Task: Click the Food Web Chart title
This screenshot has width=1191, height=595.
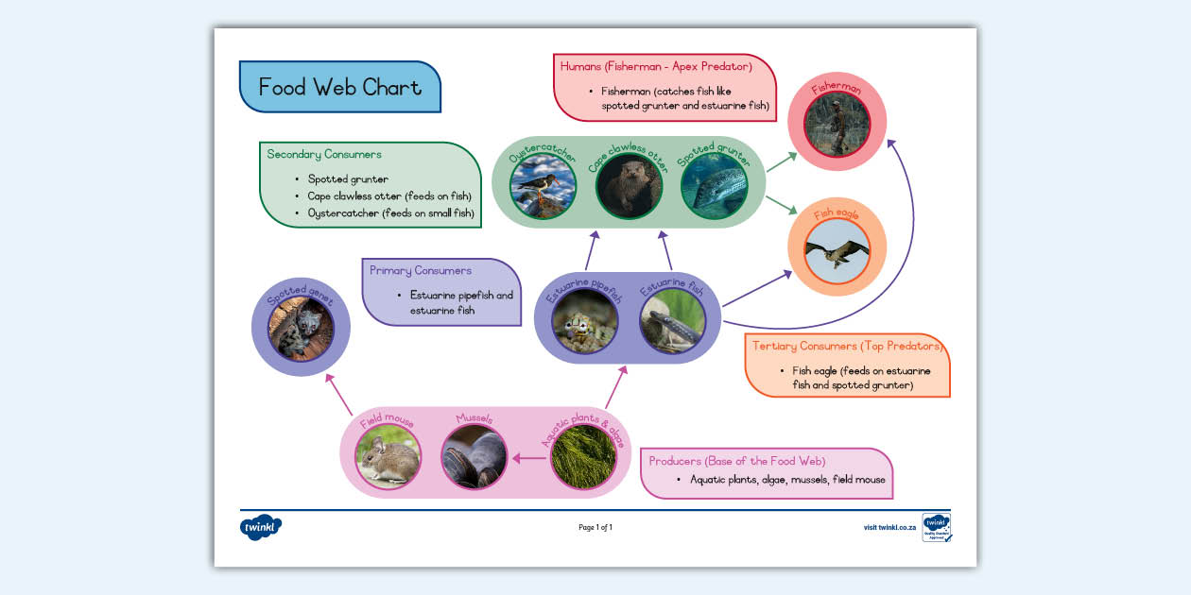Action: pyautogui.click(x=339, y=87)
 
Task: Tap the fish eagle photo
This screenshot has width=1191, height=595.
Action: pyautogui.click(x=837, y=250)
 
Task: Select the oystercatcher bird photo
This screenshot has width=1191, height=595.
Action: pyautogui.click(x=544, y=186)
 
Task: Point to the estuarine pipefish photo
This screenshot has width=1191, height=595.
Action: pyautogui.click(x=585, y=322)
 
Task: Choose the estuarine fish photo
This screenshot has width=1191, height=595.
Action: pyautogui.click(x=672, y=322)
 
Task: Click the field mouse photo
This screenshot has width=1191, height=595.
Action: pyautogui.click(x=388, y=457)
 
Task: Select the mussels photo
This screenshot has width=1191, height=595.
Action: pyautogui.click(x=475, y=457)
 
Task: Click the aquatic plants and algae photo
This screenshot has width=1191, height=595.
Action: pyautogui.click(x=583, y=457)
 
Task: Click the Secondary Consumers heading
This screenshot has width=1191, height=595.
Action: pyautogui.click(x=324, y=154)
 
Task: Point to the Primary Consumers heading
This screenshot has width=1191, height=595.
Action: pyautogui.click(x=421, y=270)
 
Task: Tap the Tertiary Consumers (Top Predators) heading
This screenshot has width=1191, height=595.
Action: pyautogui.click(x=848, y=346)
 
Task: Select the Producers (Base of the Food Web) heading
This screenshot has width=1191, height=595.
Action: pyautogui.click(x=737, y=461)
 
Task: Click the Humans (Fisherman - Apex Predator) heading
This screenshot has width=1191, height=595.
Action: pyautogui.click(x=655, y=66)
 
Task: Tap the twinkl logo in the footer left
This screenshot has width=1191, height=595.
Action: pyautogui.click(x=261, y=527)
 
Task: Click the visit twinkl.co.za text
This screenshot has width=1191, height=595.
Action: pyautogui.click(x=889, y=528)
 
